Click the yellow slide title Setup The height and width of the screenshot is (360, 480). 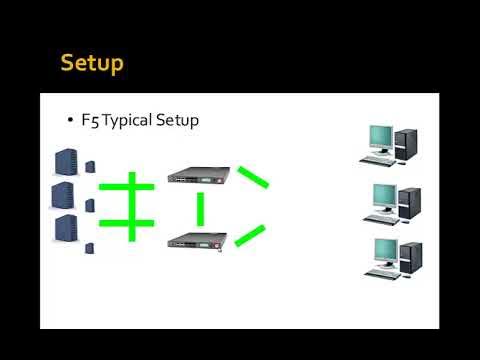pyautogui.click(x=92, y=63)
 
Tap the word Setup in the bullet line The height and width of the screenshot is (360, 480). pyautogui.click(x=178, y=121)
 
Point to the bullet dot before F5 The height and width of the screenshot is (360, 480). pyautogui.click(x=70, y=120)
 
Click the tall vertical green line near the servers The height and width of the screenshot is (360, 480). pyautogui.click(x=131, y=207)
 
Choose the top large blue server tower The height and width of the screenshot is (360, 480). pyautogui.click(x=63, y=161)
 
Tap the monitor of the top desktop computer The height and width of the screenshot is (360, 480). pyautogui.click(x=380, y=137)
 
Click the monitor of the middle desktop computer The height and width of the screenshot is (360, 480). pyautogui.click(x=380, y=193)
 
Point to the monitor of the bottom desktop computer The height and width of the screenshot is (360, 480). pyautogui.click(x=380, y=249)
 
